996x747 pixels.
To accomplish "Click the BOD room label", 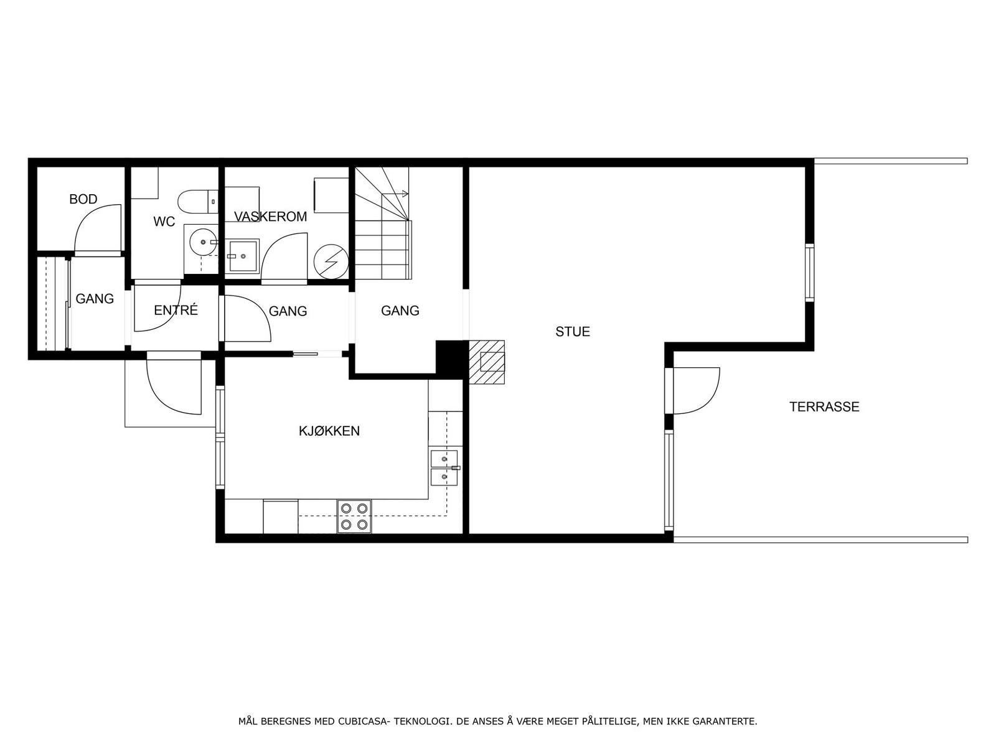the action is [83, 199].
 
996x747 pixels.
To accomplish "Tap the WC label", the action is [164, 222].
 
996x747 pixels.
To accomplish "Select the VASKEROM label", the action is [270, 217].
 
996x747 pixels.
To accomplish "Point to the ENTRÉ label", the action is [176, 310].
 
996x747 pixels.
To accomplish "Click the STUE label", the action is [573, 332].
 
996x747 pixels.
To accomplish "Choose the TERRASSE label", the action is [824, 407].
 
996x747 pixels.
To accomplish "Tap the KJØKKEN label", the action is [329, 431].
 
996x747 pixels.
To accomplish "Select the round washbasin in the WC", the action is [202, 243].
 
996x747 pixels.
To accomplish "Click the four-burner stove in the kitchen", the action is [354, 517].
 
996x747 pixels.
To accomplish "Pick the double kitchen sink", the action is [444, 467].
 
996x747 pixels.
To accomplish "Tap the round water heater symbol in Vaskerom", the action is [331, 261].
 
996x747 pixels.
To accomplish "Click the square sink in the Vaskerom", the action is [243, 256].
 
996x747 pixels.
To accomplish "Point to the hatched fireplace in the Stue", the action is [486, 362].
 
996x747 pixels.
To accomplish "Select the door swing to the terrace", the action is [697, 390].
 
